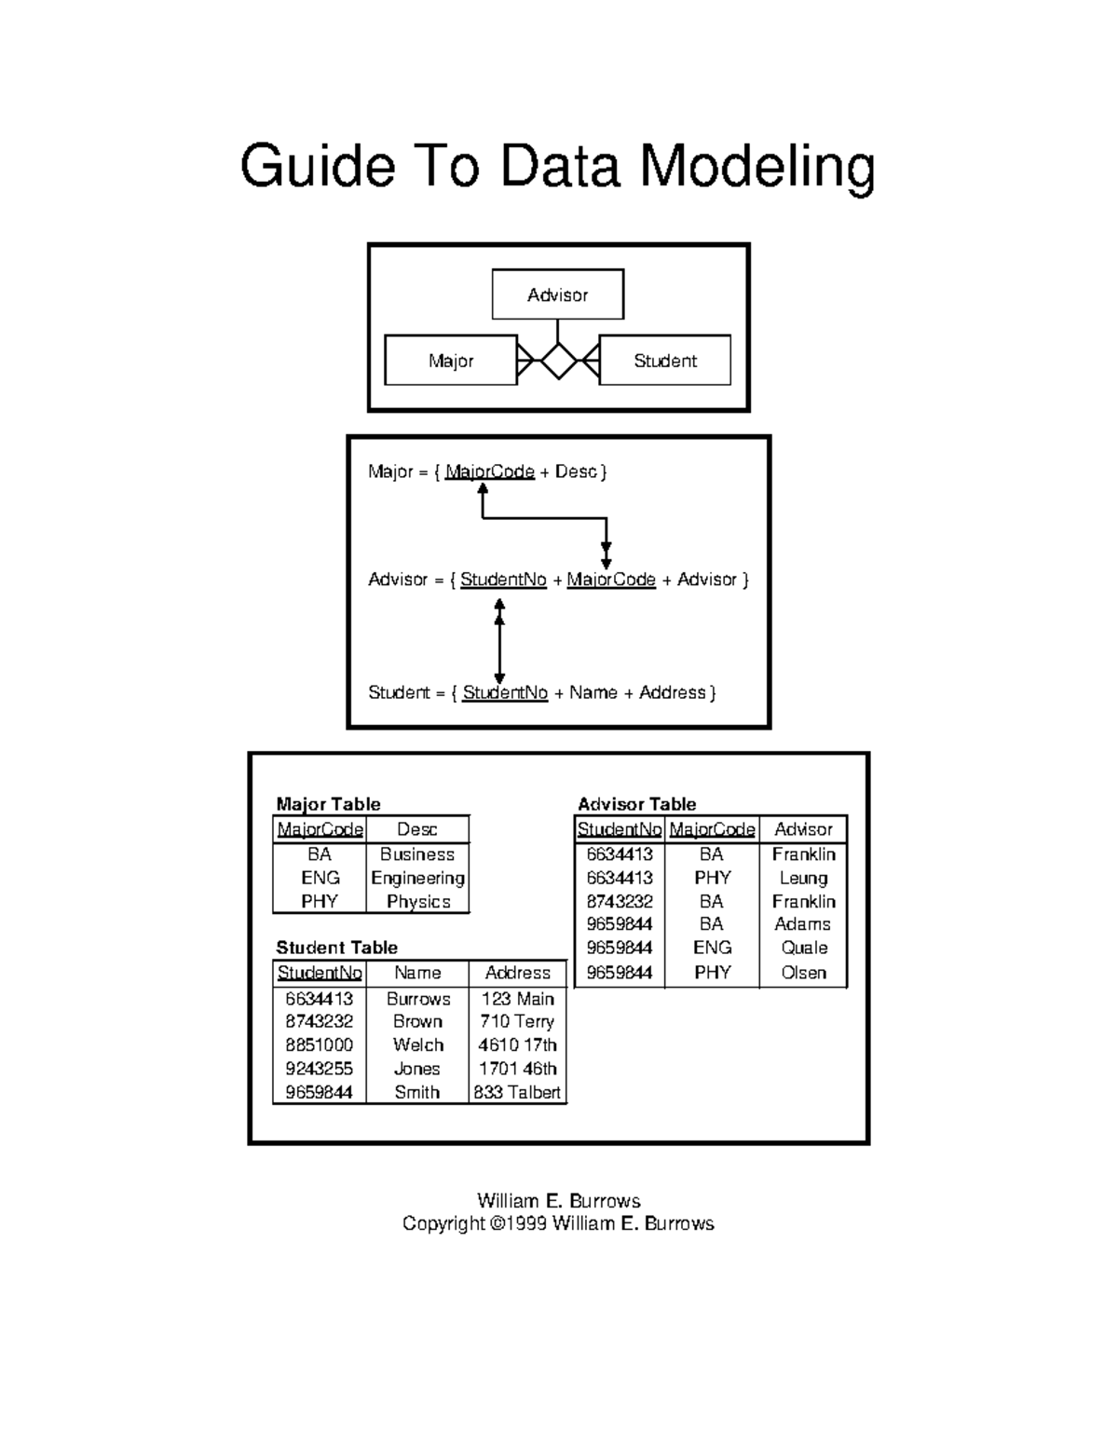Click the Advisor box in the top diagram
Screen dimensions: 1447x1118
tap(557, 294)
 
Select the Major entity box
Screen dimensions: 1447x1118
tap(451, 361)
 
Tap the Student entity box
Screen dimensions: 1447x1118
tap(664, 361)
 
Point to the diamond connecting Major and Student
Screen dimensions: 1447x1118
tap(558, 361)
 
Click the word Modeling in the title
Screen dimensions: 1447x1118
tap(757, 168)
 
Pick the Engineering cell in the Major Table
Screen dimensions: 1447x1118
tap(417, 878)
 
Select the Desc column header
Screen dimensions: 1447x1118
tap(416, 829)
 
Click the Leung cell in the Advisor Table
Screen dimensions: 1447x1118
tap(803, 878)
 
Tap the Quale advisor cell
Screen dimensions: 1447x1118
tap(804, 948)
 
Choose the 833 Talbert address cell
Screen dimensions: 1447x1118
tap(517, 1092)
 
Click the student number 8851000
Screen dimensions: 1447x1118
tap(319, 1044)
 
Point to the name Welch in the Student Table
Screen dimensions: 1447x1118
tap(417, 1044)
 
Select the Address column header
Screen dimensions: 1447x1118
tap(517, 973)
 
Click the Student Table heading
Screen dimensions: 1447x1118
tap(336, 948)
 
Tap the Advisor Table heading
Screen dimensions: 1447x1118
tap(636, 804)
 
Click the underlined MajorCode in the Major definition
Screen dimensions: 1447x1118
tap(490, 471)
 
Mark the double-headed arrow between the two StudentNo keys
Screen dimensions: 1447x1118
tap(499, 642)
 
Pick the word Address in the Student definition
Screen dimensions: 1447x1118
tap(673, 692)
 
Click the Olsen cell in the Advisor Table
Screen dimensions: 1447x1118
tap(803, 973)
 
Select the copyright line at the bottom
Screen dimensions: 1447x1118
tap(558, 1223)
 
